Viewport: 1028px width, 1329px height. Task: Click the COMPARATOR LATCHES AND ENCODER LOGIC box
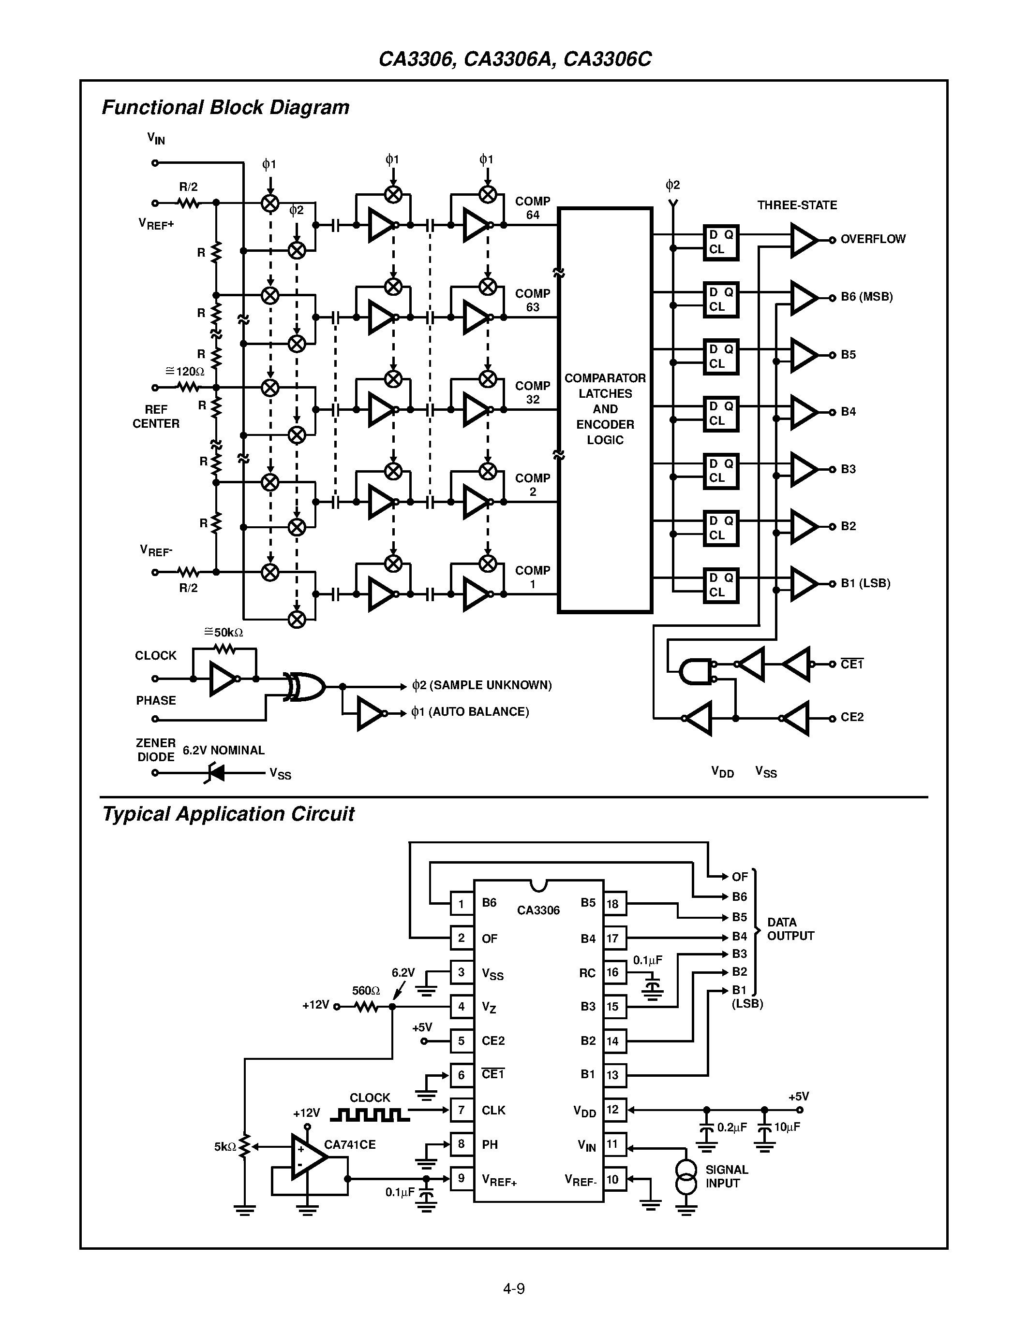[605, 409]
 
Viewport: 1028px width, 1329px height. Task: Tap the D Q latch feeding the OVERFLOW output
[720, 242]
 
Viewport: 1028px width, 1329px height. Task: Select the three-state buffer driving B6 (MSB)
[803, 298]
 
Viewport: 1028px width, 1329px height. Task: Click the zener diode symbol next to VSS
[216, 773]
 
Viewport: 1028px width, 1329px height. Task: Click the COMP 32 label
[532, 392]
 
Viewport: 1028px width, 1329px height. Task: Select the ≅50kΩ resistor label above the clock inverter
[223, 632]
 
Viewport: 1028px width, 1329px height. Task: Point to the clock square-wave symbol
[369, 1115]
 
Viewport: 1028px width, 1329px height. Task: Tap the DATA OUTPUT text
[790, 928]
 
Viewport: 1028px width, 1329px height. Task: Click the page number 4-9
[513, 1288]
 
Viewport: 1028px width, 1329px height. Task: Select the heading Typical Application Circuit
[228, 814]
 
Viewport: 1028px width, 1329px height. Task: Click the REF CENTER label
[156, 416]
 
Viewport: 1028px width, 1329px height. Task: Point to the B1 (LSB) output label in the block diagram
[865, 583]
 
